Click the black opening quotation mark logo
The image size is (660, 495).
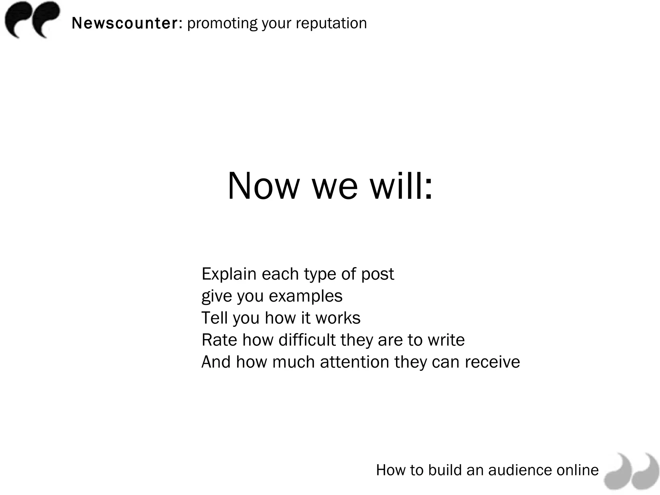pos(32,20)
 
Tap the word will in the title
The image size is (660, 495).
pos(401,186)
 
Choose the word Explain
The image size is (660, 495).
pos(229,274)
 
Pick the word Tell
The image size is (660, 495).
pos(214,318)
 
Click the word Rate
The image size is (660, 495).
pos(219,340)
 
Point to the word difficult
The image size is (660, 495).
pos(307,340)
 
